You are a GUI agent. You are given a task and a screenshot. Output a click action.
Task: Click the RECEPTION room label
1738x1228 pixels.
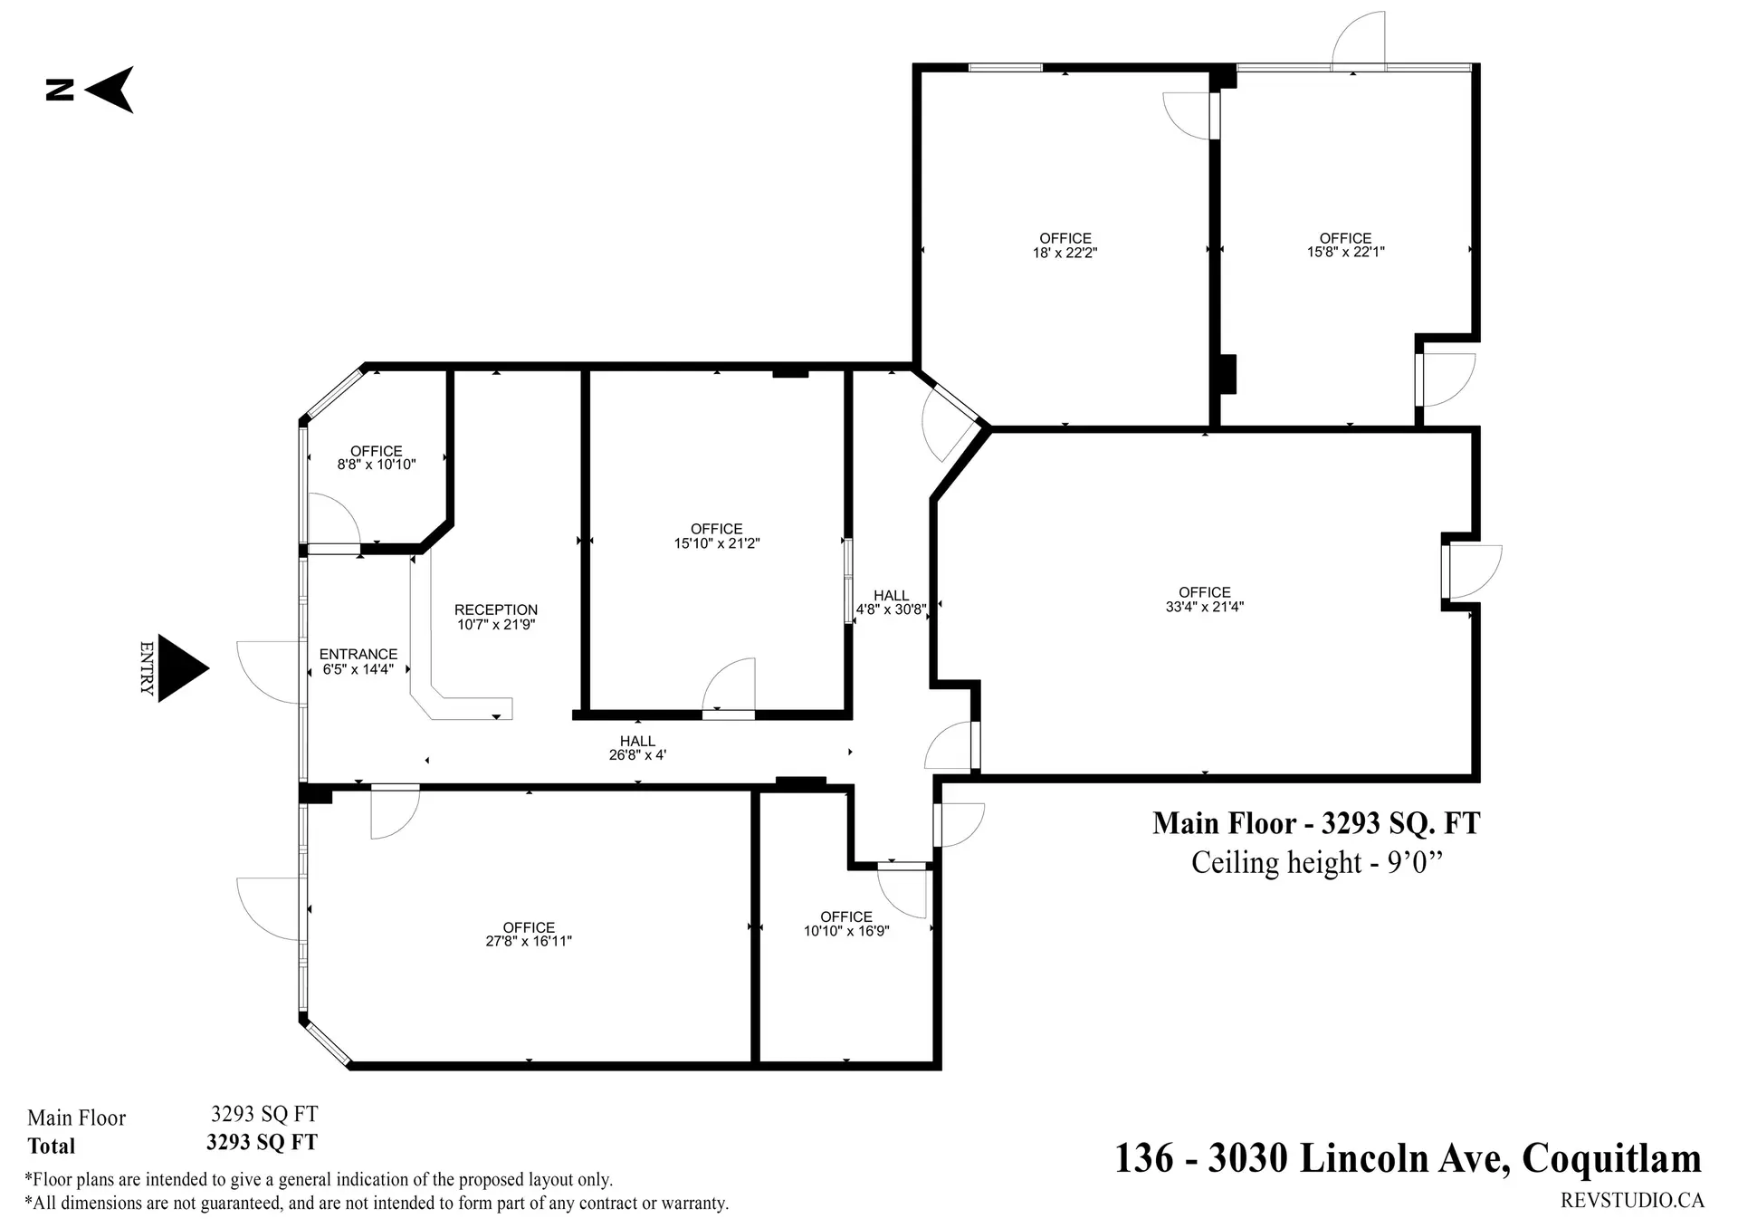496,609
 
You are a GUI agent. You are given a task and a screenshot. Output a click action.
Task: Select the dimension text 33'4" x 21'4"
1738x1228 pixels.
1204,608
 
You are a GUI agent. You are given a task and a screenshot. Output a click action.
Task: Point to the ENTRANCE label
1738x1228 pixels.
358,654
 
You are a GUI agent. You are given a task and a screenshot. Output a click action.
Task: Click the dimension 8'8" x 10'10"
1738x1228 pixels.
377,465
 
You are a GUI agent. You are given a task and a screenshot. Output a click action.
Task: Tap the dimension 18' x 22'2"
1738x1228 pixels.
1065,254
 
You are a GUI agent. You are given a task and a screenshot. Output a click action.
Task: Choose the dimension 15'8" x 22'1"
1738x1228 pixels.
1345,253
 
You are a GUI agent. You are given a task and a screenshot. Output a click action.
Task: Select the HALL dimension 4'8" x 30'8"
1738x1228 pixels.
891,610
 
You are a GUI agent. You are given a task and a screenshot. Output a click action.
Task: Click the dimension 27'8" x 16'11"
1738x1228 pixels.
529,942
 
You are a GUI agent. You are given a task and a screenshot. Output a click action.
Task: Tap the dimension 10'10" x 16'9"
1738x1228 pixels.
846,932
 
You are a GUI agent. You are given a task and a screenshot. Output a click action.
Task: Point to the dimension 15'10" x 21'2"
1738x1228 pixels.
716,544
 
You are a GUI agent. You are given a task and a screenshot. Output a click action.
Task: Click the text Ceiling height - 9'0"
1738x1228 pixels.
1315,862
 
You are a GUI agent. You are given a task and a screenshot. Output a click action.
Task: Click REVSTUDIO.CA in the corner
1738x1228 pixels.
1632,1201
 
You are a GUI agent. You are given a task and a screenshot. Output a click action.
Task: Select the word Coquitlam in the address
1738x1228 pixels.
1611,1158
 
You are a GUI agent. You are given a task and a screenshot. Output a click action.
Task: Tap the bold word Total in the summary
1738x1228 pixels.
52,1146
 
